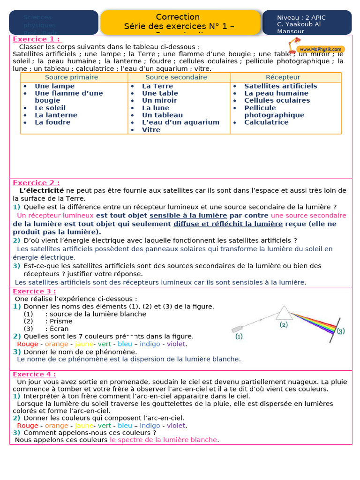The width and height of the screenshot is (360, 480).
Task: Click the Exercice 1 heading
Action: (37, 39)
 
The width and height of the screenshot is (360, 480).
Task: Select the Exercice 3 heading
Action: (34, 292)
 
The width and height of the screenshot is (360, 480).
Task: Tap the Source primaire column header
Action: (71, 77)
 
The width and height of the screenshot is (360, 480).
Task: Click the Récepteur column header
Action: (283, 77)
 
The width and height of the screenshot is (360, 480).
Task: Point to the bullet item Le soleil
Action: (50, 108)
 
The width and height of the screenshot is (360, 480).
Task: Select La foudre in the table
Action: (52, 122)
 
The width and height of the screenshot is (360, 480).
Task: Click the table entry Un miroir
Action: (159, 100)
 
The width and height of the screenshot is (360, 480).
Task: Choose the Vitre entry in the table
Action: (151, 130)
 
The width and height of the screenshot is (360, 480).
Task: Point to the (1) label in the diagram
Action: (239, 337)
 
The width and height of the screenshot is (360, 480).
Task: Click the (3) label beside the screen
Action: (340, 331)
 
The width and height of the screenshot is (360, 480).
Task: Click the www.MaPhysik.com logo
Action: (321, 49)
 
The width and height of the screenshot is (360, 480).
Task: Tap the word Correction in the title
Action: (178, 17)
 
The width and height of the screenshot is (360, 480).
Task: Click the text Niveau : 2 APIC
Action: (301, 18)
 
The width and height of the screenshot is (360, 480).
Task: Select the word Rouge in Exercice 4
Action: (28, 426)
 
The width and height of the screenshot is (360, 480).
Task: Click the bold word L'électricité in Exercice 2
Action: (41, 190)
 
